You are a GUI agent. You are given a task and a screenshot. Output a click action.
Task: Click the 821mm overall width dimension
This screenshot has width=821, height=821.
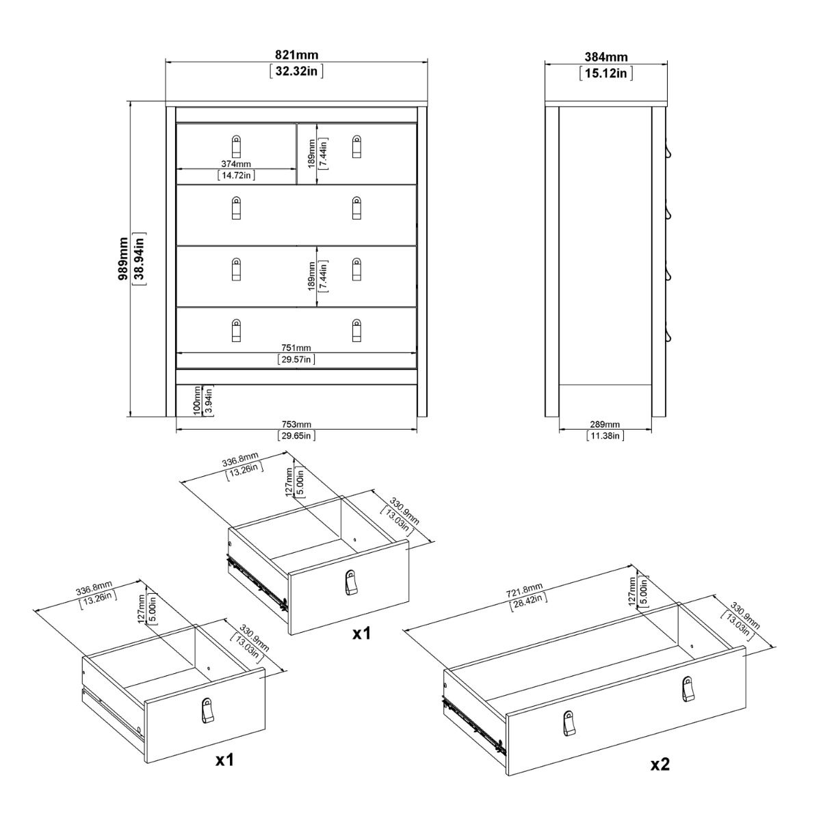click(296, 55)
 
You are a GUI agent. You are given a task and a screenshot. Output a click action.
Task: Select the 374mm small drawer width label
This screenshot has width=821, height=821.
click(236, 164)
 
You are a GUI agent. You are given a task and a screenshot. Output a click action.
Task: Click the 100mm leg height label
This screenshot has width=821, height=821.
click(197, 401)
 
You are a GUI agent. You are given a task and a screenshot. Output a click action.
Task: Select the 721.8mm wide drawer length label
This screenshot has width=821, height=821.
click(526, 588)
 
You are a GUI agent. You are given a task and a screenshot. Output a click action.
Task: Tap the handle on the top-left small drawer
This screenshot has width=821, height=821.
click(236, 146)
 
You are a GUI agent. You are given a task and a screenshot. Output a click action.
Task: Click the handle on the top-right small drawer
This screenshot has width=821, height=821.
click(356, 146)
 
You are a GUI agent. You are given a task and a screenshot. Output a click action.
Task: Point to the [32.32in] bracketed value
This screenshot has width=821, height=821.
click(296, 70)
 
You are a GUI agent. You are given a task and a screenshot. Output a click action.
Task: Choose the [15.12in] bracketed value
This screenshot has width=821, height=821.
click(605, 73)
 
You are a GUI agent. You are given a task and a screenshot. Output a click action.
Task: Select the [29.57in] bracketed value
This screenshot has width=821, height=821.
click(296, 359)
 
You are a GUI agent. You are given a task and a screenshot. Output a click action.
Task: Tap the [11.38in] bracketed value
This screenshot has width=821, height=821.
click(605, 435)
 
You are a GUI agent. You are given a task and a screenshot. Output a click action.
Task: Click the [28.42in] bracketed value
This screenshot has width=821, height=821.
click(526, 599)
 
